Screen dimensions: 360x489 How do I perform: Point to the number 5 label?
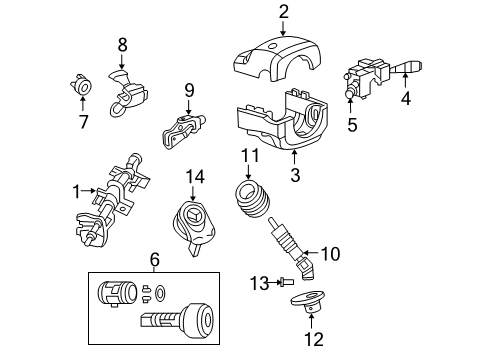352,126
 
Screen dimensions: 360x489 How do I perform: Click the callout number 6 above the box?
154,259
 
